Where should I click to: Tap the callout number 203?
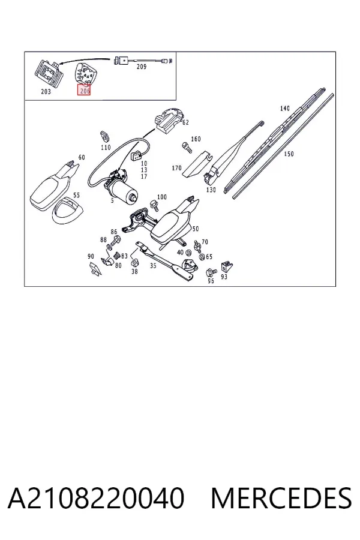46,91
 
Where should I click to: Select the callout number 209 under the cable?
141,67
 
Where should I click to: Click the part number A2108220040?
96,497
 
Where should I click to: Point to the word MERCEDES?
281,497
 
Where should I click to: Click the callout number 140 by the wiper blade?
284,109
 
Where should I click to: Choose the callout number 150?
289,154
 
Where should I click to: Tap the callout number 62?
185,122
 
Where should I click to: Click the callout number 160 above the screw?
196,139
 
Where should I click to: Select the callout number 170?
176,168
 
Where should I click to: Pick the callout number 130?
211,190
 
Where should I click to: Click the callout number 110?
106,148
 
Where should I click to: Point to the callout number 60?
82,157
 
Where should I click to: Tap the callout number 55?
76,195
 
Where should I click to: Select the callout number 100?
161,197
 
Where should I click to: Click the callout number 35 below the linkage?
153,266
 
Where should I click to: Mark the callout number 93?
224,277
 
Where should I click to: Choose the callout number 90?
91,256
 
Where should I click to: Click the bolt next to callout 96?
210,272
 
